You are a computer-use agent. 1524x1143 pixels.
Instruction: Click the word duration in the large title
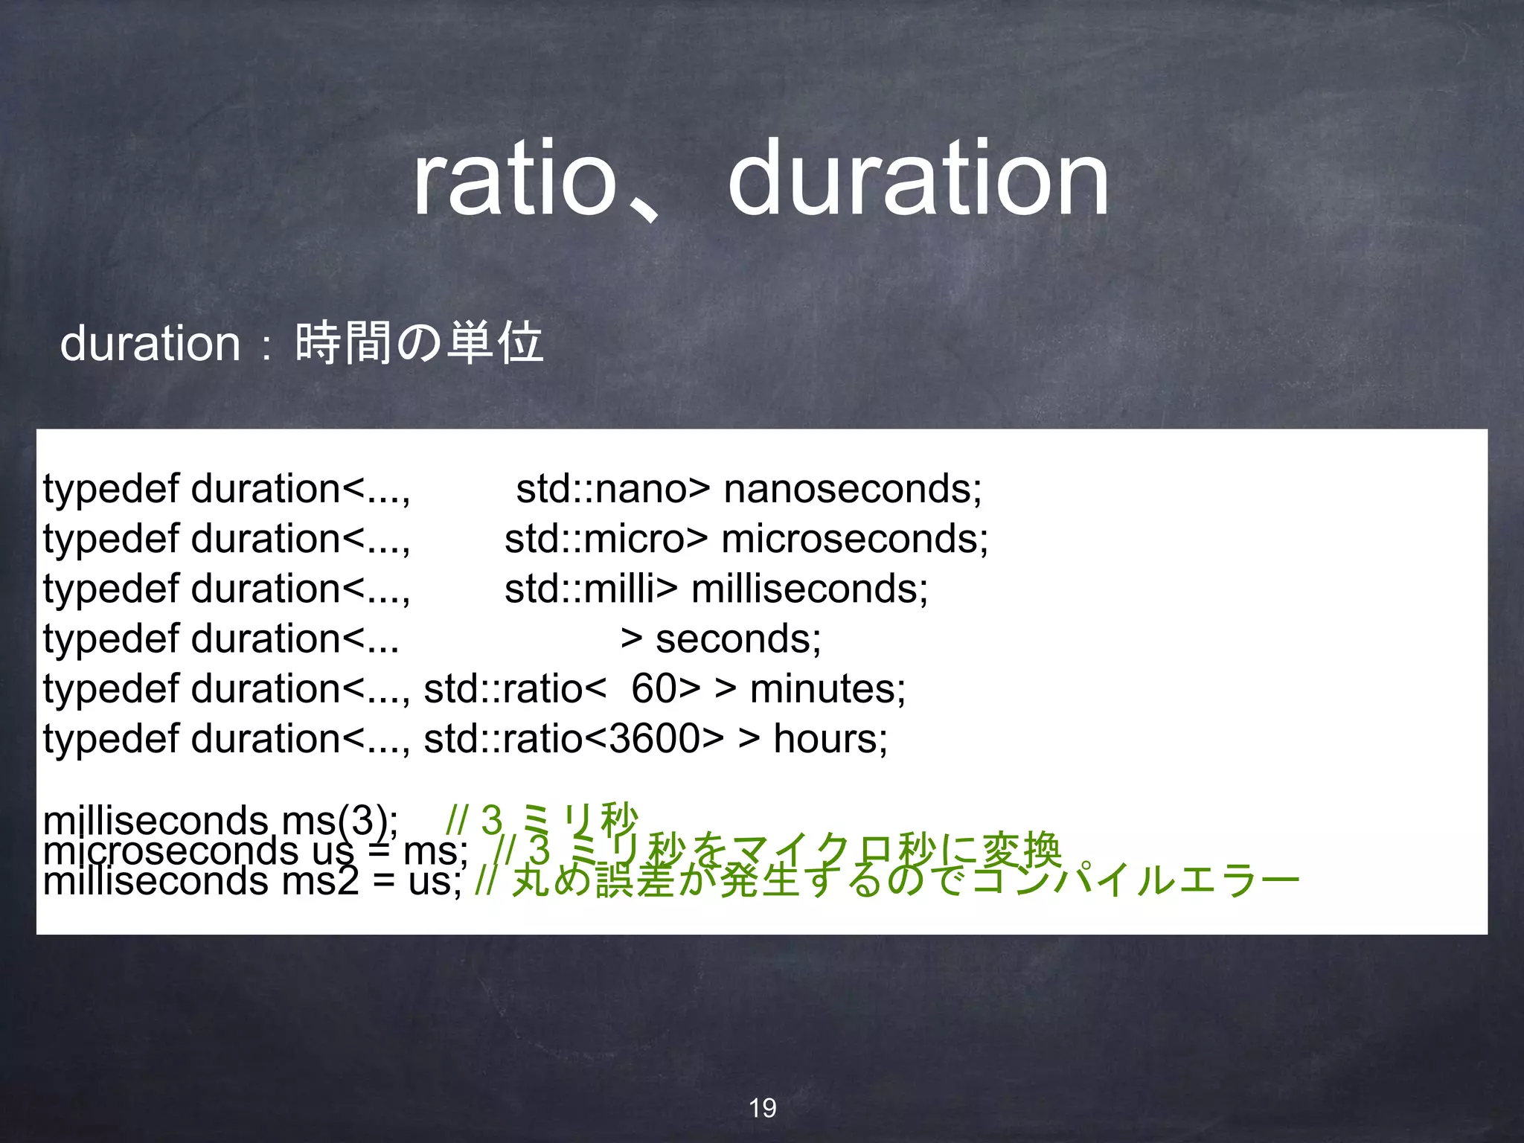click(x=918, y=180)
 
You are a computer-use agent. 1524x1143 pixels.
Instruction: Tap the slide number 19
click(x=762, y=1108)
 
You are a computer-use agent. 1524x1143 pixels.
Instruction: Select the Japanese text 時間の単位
click(x=419, y=344)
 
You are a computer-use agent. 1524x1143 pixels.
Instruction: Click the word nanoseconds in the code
click(x=853, y=489)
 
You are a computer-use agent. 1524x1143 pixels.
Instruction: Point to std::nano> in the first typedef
click(x=612, y=489)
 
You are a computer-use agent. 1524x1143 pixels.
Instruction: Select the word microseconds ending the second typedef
click(x=854, y=539)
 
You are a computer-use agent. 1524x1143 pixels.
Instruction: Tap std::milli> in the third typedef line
click(x=591, y=589)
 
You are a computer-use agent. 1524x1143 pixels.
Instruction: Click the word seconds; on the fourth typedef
click(x=738, y=638)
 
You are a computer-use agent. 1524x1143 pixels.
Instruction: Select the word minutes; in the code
click(x=827, y=688)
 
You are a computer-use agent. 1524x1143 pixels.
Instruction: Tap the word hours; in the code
click(x=830, y=738)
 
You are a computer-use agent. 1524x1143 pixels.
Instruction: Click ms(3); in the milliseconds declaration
click(x=340, y=822)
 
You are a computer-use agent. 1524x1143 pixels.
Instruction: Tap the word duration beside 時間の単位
click(x=150, y=344)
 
